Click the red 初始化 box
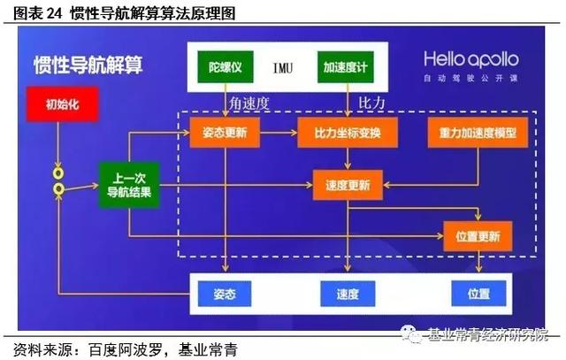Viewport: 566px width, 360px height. pyautogui.click(x=56, y=103)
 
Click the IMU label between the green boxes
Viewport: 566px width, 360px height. pyautogui.click(x=284, y=67)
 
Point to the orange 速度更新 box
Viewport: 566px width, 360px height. pyautogui.click(x=348, y=185)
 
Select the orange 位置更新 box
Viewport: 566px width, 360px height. pyautogui.click(x=477, y=236)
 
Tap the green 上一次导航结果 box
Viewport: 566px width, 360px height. pyautogui.click(x=128, y=185)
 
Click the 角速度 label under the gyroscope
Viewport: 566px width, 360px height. pyautogui.click(x=249, y=103)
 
